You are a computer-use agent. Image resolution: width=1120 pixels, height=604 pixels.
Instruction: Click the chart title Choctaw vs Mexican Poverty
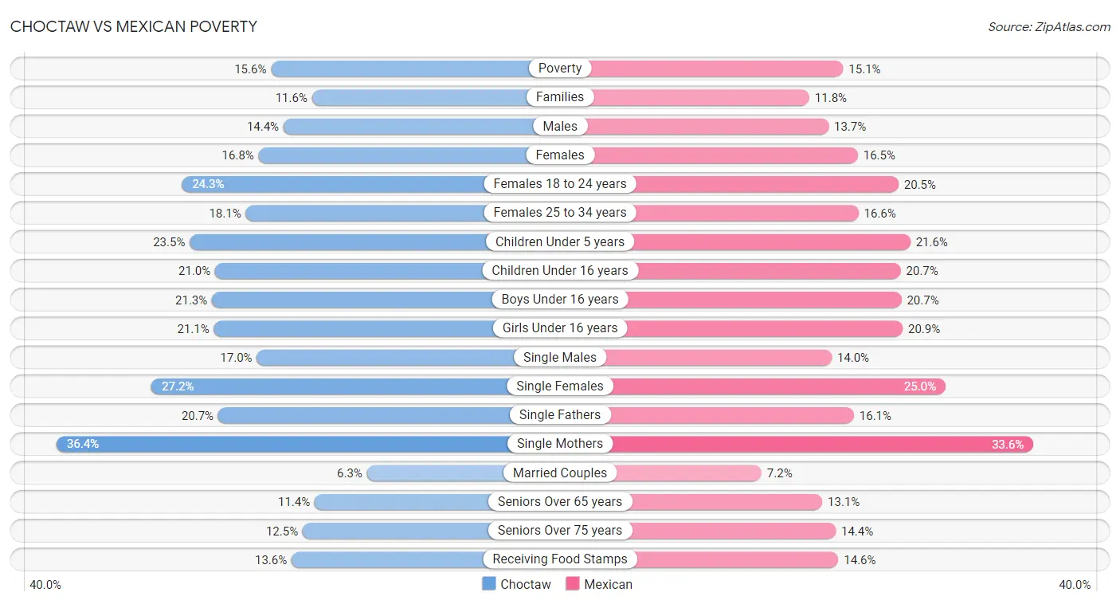pos(134,26)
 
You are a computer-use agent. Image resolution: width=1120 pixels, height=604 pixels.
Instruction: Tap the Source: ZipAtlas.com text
pos(1048,27)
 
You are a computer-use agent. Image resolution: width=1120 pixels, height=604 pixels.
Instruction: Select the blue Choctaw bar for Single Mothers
pos(283,444)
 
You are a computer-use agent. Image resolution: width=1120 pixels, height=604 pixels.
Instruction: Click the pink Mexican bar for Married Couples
pos(688,473)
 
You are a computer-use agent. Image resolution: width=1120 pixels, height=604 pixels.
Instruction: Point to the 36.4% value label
pos(83,444)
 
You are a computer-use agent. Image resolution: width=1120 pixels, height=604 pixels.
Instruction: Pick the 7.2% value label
pos(780,473)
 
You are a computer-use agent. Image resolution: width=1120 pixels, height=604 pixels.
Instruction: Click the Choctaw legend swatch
pos(488,583)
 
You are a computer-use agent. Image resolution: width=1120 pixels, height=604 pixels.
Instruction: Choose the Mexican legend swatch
pos(573,583)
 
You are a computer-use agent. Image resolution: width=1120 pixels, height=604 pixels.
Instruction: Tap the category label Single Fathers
pos(559,415)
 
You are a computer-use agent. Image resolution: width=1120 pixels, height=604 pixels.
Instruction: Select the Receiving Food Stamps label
pos(559,559)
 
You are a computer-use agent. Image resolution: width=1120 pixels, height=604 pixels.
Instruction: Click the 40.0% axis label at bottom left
pos(45,585)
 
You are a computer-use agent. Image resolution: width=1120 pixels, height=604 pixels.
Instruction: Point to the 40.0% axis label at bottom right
pos(1075,585)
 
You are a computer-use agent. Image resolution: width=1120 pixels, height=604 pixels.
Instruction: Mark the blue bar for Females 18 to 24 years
pos(334,185)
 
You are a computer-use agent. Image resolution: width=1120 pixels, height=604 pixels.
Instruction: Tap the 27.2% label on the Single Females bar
pos(178,386)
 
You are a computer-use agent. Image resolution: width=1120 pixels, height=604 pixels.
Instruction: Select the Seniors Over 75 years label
pos(559,530)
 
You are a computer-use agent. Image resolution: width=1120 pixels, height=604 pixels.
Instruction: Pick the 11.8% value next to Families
pos(831,98)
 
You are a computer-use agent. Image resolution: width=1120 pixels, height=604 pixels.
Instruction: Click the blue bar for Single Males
pos(386,358)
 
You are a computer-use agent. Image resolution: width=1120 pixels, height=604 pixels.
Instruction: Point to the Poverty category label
pos(559,68)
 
